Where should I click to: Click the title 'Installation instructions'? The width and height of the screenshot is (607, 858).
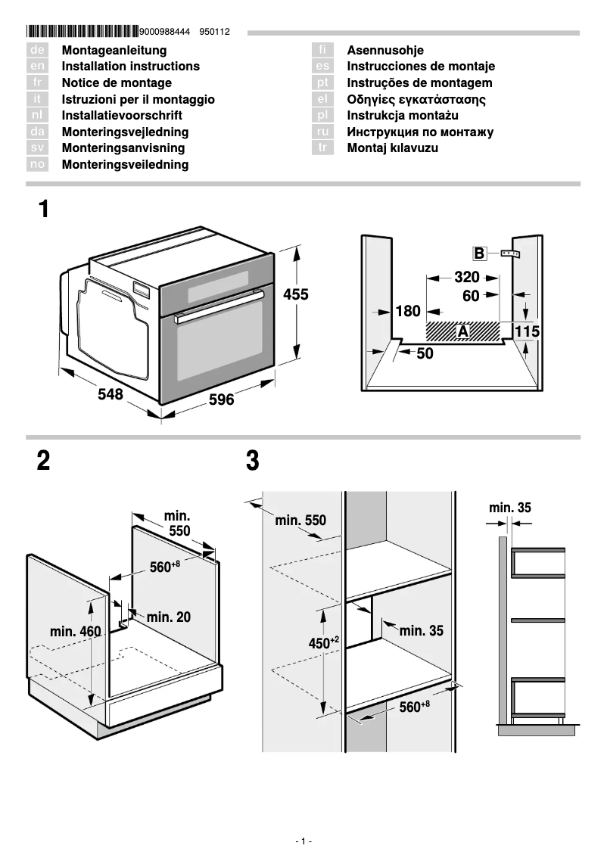pos(130,67)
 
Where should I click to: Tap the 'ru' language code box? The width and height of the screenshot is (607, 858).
pos(323,132)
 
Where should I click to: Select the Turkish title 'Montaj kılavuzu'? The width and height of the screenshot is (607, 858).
pos(392,148)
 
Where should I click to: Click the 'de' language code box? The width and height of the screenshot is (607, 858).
pos(37,50)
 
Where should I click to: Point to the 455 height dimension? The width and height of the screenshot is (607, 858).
pos(296,294)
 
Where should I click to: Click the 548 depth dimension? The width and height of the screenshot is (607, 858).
pos(111,394)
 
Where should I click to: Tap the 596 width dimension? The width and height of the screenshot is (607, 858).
pos(221,399)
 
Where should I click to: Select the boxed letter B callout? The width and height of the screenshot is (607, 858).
pos(479,253)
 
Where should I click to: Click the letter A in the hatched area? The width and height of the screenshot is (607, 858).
pos(462,331)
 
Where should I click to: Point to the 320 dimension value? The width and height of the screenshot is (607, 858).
pos(467,277)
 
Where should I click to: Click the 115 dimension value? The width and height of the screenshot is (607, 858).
pos(527,331)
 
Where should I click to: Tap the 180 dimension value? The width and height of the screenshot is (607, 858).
pos(408,311)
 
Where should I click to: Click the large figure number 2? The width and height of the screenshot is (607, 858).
pos(44,461)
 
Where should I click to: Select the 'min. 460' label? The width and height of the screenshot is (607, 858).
pos(75,631)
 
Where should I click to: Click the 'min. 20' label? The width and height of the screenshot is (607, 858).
pos(168,617)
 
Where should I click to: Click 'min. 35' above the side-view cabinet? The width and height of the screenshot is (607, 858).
pos(509,508)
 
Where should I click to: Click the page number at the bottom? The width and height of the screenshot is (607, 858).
pos(303,841)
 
